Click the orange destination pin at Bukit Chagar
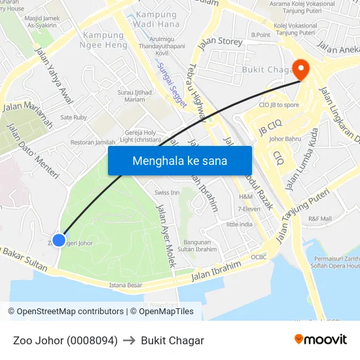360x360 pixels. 301,69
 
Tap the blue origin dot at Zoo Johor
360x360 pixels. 59,240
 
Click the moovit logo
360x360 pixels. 321,340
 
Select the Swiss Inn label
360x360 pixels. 167,192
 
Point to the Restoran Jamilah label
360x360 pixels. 92,142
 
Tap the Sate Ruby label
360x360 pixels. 73,117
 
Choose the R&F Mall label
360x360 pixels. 320,219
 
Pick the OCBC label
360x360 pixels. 259,257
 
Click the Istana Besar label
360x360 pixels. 126,285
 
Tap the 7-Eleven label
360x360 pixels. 249,209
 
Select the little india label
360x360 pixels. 239,224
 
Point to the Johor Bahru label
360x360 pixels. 284,139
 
